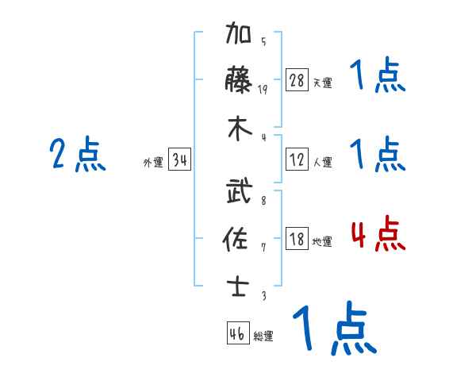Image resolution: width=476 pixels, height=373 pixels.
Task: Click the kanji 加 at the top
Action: click(239, 35)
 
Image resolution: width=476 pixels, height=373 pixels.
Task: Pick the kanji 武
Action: click(239, 192)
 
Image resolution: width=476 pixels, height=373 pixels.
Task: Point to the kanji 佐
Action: click(239, 238)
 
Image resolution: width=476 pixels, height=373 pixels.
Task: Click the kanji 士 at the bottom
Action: click(239, 285)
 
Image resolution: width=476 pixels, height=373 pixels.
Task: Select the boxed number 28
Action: click(297, 80)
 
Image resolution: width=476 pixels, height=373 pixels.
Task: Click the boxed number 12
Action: click(297, 160)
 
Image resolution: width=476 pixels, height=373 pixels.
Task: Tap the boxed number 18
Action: click(297, 239)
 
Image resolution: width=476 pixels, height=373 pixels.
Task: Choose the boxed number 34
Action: click(179, 161)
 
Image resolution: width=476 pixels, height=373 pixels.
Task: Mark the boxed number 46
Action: click(236, 333)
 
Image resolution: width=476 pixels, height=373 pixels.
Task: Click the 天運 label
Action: click(322, 83)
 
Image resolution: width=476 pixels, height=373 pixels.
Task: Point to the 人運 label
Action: click(322, 162)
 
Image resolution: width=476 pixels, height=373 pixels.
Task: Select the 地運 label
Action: click(322, 241)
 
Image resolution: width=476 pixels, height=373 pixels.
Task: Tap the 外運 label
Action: click(153, 163)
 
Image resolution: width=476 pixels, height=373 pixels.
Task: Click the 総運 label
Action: click(263, 336)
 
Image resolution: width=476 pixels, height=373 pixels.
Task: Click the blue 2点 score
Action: click(78, 156)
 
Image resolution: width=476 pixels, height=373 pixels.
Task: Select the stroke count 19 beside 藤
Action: click(263, 89)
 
